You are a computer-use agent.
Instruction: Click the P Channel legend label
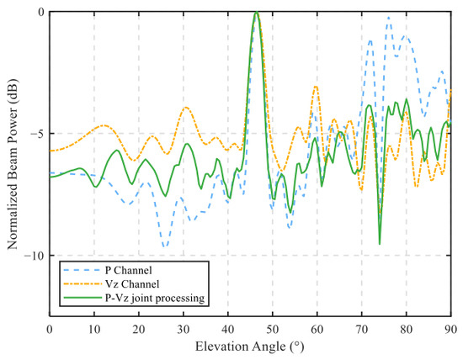129,270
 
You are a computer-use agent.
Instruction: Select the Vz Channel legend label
132,283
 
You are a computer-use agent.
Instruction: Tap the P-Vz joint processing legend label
155,298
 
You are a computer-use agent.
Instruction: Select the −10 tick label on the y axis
33,255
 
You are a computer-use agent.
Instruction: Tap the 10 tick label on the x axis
94,329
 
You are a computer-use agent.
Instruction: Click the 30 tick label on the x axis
184,329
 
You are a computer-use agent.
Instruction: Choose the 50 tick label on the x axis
273,329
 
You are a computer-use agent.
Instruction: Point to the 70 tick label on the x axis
362,329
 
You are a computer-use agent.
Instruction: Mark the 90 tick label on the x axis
451,329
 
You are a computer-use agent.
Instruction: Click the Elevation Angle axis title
249,347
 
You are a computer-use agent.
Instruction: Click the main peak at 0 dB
257,12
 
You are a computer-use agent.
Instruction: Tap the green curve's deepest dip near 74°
380,244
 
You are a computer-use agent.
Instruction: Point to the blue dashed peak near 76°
389,18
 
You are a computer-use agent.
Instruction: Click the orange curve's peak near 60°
316,86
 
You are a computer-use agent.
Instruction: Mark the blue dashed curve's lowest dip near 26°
165,246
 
